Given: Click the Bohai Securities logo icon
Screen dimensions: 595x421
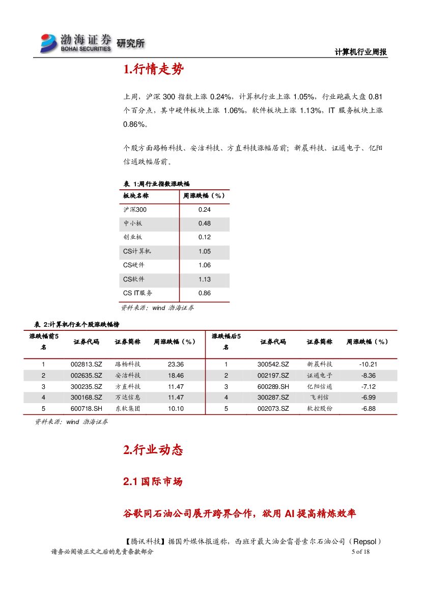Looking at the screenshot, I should click(x=49, y=43).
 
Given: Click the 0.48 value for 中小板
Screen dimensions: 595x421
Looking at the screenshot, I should click(x=205, y=223).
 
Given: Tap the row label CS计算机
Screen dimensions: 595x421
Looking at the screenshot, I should click(x=137, y=251).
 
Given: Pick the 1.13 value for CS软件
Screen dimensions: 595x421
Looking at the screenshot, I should click(x=205, y=279).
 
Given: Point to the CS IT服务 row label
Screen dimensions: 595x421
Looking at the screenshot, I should click(x=137, y=293).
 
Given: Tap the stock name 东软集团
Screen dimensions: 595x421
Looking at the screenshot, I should click(x=128, y=409).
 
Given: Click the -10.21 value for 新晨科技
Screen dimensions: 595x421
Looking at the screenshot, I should click(x=368, y=364).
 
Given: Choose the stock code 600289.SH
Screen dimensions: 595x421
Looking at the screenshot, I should click(x=273, y=386).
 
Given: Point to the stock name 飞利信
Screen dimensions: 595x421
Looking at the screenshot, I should click(x=320, y=398).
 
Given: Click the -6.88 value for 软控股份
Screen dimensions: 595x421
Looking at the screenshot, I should click(x=368, y=409).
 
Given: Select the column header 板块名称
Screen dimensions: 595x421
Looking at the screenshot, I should click(x=136, y=195).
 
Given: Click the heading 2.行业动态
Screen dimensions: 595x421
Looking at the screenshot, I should click(x=153, y=450).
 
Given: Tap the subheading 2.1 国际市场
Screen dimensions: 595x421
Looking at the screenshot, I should click(x=153, y=481).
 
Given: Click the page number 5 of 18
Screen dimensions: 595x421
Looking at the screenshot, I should click(x=360, y=552).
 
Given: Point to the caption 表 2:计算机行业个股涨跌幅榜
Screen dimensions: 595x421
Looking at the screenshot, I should click(x=76, y=324).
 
